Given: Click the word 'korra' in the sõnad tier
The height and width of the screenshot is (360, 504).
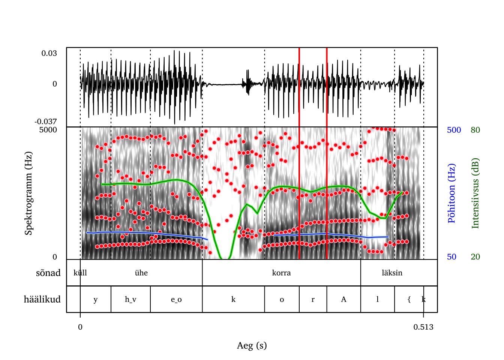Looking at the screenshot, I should tap(281, 273).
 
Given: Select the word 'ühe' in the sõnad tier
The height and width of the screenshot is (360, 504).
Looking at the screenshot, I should tap(141, 273).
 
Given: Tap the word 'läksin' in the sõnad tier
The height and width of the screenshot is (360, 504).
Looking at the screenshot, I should tap(392, 273).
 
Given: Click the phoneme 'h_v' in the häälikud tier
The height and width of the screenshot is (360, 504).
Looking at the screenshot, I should tap(130, 299).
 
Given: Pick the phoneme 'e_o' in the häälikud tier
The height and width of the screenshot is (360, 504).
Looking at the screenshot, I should tap(176, 299).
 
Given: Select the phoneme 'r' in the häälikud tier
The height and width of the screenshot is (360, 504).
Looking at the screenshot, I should tap(313, 299).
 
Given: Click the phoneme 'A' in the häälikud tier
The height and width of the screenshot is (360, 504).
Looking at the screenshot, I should tap(343, 299).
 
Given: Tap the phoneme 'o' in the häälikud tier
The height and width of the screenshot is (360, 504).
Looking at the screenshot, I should tap(282, 299).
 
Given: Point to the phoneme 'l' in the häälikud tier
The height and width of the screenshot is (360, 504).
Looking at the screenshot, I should tap(377, 299).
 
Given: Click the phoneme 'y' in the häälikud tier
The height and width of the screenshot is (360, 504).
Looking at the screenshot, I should tap(95, 299).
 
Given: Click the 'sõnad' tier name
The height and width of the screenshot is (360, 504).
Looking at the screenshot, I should tap(48, 273).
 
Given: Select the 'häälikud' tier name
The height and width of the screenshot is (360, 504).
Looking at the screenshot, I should tap(42, 299).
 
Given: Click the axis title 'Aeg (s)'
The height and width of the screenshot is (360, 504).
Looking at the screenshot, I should tap(252, 345).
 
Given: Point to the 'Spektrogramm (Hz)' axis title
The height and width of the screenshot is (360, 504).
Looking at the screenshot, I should tap(28, 193).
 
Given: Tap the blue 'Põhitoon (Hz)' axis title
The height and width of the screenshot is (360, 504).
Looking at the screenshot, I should tap(451, 193).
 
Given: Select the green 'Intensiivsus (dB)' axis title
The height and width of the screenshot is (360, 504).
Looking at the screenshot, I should tap(475, 193).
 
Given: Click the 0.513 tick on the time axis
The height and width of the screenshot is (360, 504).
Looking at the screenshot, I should tap(423, 327).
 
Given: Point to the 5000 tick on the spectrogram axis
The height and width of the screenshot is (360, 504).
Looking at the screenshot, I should tap(48, 130).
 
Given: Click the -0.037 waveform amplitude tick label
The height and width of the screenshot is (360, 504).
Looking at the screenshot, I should tap(46, 121).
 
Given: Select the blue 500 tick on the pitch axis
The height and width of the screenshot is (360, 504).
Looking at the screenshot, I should tap(454, 130).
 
